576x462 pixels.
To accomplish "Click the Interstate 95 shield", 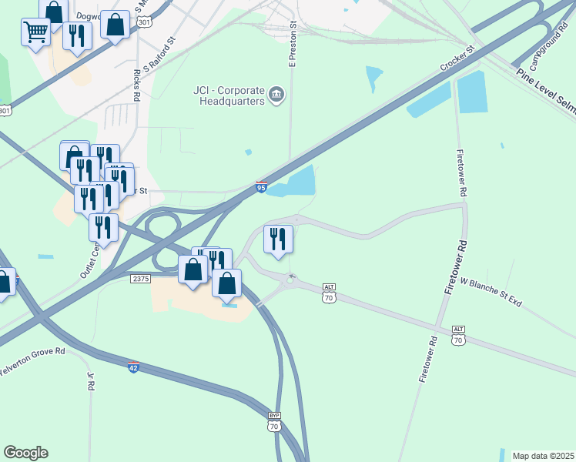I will click(x=262, y=186).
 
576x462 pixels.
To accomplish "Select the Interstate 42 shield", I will click(x=134, y=367).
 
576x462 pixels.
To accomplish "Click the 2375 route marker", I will click(x=139, y=278).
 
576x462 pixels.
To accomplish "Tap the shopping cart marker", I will click(x=35, y=33).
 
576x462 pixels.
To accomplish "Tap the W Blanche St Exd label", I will click(x=491, y=292).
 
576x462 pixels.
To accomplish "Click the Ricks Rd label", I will click(x=136, y=85).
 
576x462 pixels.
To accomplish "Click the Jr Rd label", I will click(x=91, y=380).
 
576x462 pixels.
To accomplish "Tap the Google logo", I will click(x=25, y=453).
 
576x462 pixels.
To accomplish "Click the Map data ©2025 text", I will click(x=543, y=456).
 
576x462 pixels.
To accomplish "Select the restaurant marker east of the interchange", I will click(x=278, y=238).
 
